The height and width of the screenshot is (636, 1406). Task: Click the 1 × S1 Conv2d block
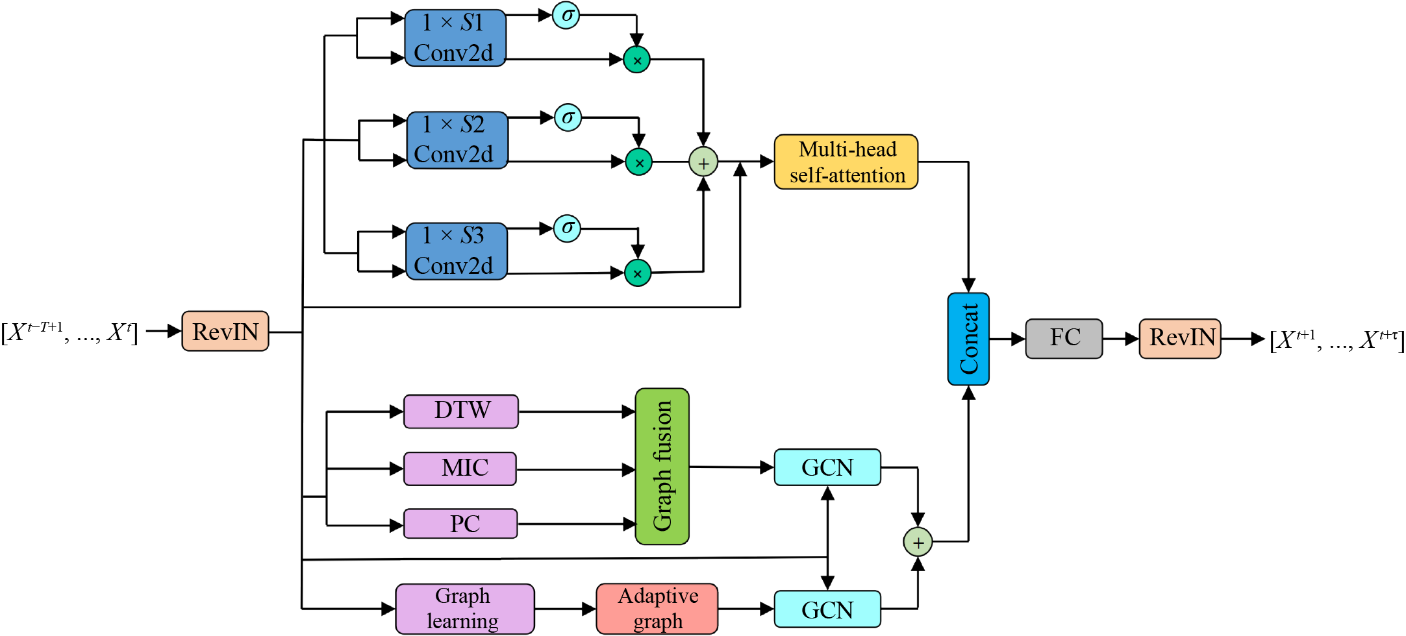(455, 38)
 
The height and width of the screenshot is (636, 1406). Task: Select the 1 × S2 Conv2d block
(457, 140)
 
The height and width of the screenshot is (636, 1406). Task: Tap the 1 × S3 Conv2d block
(456, 251)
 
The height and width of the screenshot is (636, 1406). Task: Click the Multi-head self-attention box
(846, 162)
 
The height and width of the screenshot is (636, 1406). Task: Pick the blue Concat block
(968, 339)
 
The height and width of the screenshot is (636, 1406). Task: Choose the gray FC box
(1064, 338)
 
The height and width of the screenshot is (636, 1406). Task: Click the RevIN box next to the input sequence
(225, 331)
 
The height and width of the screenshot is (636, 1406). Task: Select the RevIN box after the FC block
(1179, 338)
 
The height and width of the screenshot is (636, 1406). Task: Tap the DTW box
(461, 411)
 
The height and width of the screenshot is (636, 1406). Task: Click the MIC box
(460, 469)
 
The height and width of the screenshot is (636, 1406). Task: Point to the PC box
(460, 524)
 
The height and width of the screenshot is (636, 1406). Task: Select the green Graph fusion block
(662, 466)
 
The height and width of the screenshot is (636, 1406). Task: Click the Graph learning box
(464, 609)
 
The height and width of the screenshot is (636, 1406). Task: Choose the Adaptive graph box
(657, 609)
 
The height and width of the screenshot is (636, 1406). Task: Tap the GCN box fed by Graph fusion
(827, 467)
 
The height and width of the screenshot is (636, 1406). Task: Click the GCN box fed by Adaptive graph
(827, 609)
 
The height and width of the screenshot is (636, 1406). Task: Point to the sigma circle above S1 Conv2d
(566, 16)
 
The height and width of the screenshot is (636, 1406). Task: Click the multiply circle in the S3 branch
(637, 273)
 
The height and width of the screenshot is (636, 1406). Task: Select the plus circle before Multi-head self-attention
(703, 162)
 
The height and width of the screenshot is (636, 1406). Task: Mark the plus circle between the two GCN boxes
(918, 542)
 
